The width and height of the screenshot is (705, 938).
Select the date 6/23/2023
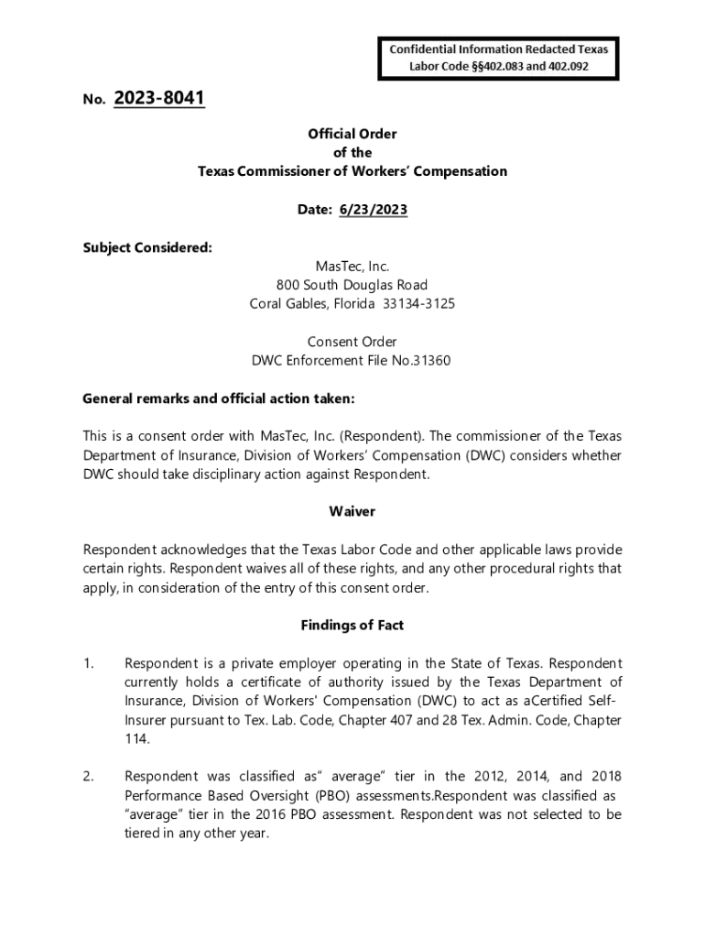[x=373, y=210]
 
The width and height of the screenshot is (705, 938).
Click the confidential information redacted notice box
[x=499, y=57]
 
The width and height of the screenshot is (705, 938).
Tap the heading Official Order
[x=352, y=134]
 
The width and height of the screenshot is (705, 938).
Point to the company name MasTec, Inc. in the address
[x=352, y=266]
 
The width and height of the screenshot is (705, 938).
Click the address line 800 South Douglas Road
[x=352, y=285]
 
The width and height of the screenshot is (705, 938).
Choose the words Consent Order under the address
[x=352, y=342]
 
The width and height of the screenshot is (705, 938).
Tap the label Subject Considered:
[x=147, y=247]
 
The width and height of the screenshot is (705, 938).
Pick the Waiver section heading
[x=352, y=511]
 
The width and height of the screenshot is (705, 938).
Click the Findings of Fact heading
[x=352, y=625]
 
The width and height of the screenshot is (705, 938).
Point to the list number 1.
[x=88, y=663]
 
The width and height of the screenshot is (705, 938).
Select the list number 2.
[x=88, y=777]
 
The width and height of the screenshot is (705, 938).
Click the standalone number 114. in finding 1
[x=137, y=739]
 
